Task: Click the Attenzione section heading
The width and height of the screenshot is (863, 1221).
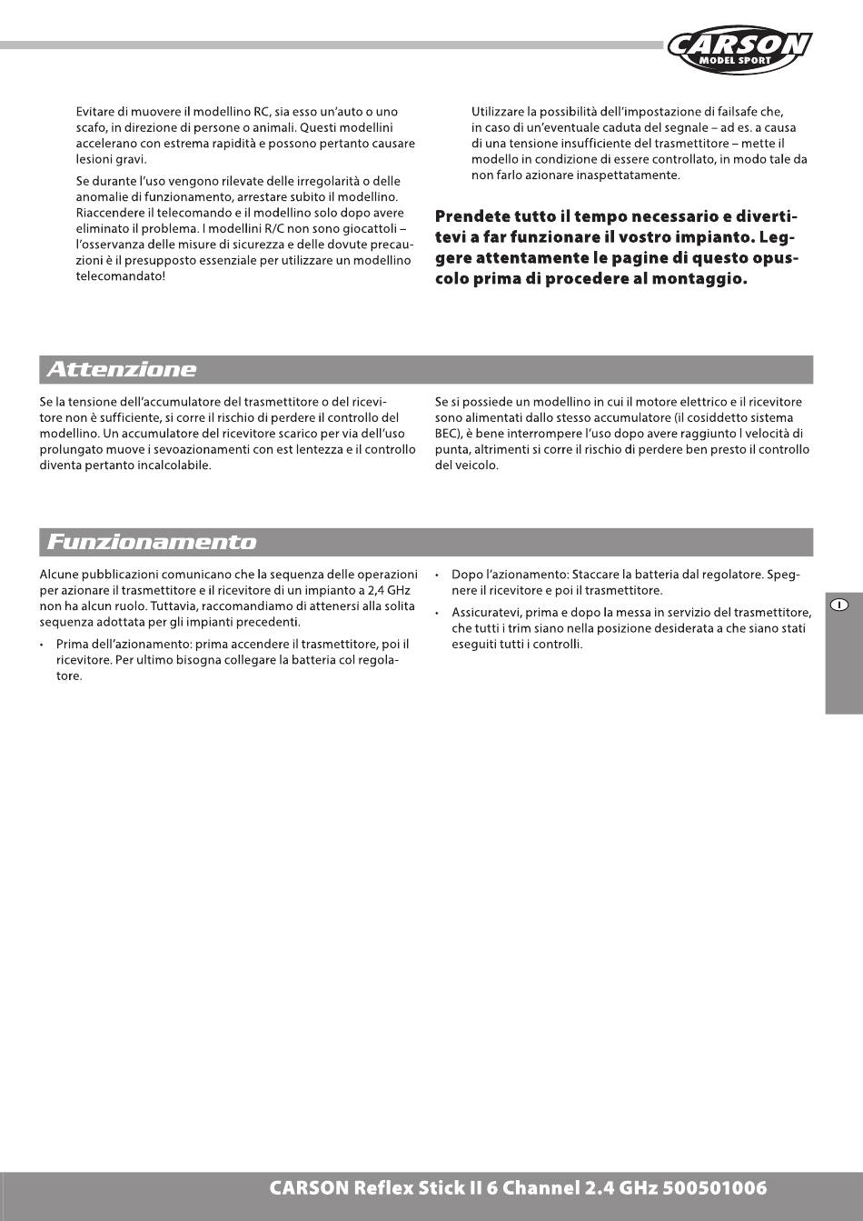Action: tap(122, 369)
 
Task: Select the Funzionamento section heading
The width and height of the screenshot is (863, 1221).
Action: tap(152, 542)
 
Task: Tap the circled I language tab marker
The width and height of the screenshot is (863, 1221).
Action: tap(841, 605)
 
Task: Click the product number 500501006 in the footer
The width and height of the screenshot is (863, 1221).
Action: tap(715, 1188)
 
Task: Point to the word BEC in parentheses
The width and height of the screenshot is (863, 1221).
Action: tap(448, 434)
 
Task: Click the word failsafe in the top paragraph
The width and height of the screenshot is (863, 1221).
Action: tap(755, 112)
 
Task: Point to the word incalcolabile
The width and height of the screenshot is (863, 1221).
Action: tap(167, 465)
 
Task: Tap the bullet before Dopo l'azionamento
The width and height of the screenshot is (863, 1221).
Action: tap(439, 575)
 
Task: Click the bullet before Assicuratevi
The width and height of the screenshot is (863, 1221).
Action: tap(439, 614)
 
